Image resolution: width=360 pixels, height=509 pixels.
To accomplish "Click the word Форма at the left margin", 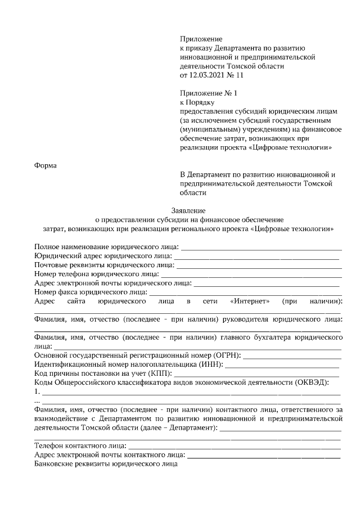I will point(46,165).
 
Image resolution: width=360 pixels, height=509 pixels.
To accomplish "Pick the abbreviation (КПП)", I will point(160,373).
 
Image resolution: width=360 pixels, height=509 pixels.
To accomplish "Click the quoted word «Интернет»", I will point(250,301).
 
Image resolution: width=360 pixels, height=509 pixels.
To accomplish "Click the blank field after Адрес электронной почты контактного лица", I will point(264,457).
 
